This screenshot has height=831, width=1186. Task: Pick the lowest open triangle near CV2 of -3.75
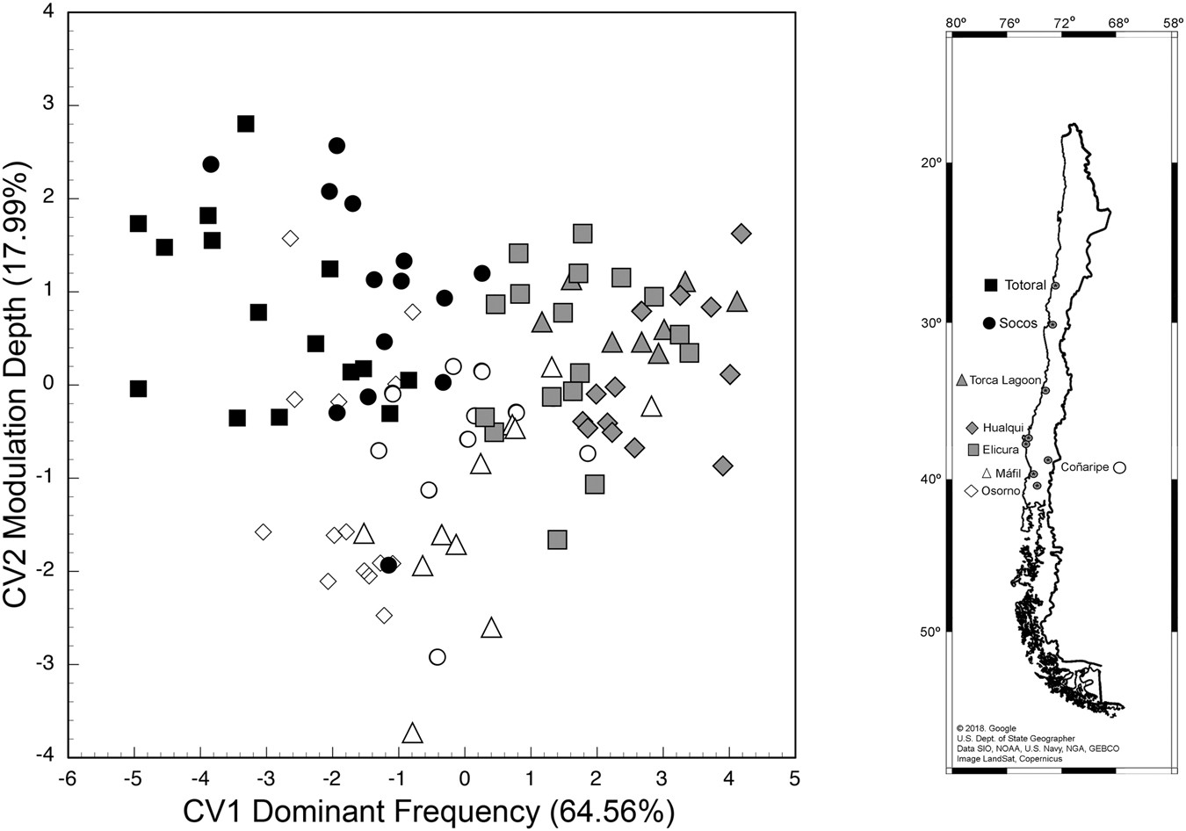(x=413, y=733)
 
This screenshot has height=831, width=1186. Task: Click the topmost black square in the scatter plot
(x=246, y=124)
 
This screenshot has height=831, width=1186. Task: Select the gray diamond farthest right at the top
(x=741, y=234)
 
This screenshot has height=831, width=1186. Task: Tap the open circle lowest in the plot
(x=438, y=657)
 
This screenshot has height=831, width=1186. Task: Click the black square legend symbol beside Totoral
(x=991, y=285)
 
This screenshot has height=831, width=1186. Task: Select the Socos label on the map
(x=1018, y=323)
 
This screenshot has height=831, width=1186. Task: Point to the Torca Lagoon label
(x=1005, y=380)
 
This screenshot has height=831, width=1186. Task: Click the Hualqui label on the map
(x=1003, y=428)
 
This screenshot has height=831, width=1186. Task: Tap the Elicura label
(x=1001, y=449)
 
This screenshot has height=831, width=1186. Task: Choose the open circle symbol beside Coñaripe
(x=1120, y=467)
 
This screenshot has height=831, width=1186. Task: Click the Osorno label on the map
(x=1001, y=491)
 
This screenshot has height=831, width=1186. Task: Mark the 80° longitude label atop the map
(x=956, y=21)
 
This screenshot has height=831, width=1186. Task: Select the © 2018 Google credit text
(x=986, y=728)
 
